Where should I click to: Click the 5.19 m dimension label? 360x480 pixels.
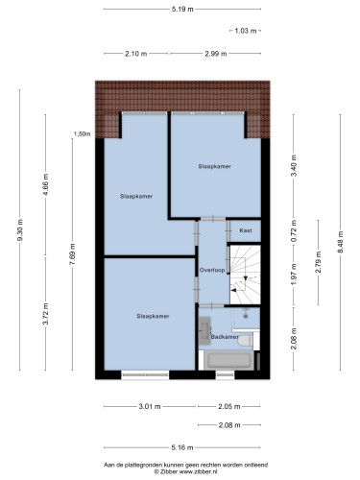click(182, 9)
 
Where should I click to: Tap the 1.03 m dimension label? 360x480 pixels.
click(246, 31)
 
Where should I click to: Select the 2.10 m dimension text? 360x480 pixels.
click(136, 54)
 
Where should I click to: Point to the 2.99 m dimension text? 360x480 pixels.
click(216, 54)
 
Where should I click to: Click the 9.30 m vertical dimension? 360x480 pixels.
click(20, 229)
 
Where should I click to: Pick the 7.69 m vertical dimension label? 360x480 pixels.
click(73, 254)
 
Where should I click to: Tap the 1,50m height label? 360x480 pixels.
click(83, 134)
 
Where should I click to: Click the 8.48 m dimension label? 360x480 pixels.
click(340, 242)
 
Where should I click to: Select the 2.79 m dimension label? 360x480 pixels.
click(318, 262)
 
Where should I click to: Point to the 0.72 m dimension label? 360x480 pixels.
click(294, 230)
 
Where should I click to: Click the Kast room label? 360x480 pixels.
click(246, 230)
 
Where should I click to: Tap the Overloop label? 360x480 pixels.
click(212, 270)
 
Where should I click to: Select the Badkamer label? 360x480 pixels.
click(225, 337)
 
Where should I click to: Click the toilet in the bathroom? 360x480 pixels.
click(246, 340)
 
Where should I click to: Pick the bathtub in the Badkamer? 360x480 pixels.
click(228, 361)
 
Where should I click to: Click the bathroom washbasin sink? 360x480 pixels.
click(204, 330)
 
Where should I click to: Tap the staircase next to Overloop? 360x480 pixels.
click(246, 275)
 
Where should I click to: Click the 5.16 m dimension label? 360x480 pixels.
click(182, 447)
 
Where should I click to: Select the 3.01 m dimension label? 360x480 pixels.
click(150, 407)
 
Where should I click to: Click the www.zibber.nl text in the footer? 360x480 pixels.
click(199, 471)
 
